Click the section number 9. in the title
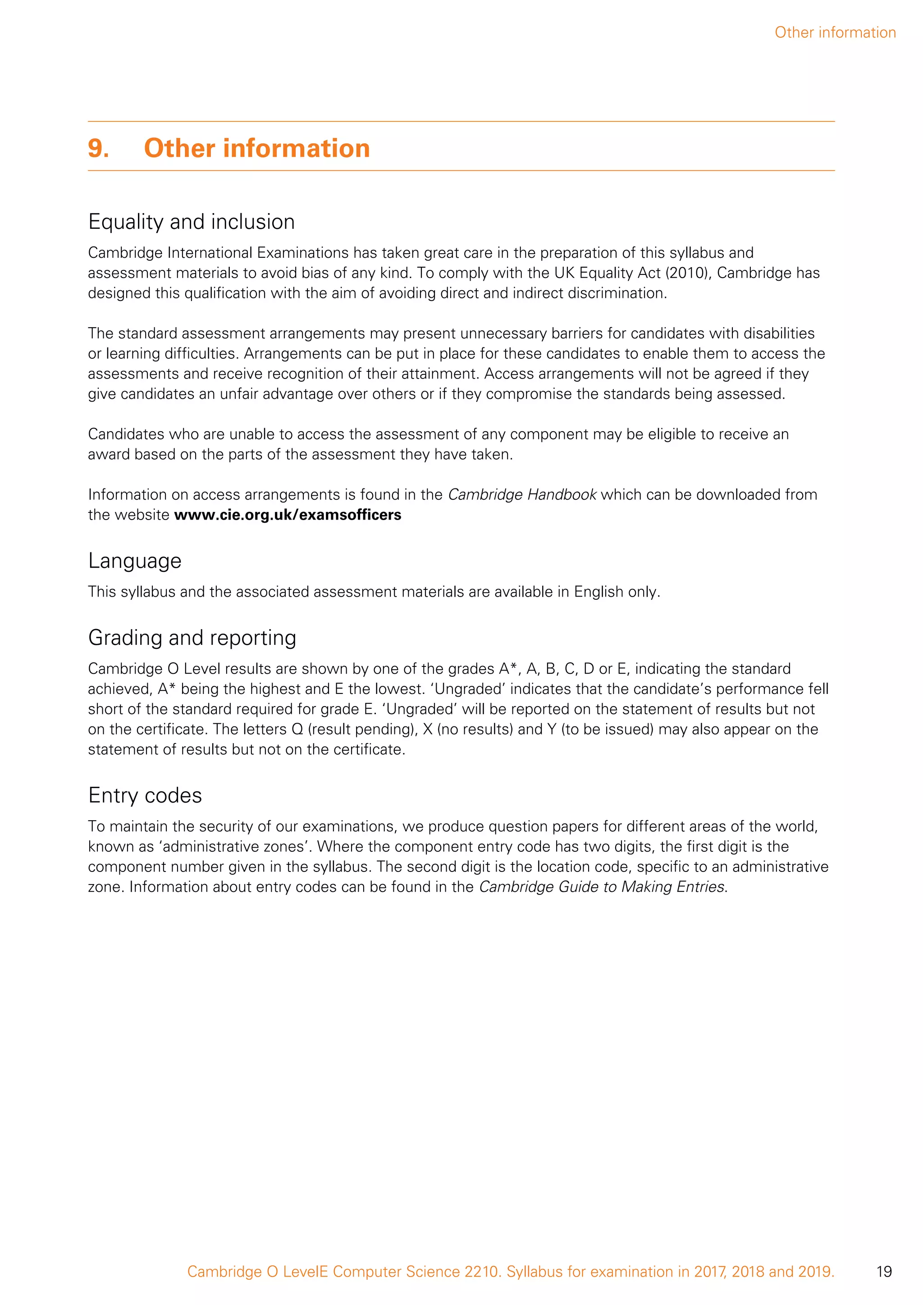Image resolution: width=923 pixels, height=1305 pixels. pos(98,148)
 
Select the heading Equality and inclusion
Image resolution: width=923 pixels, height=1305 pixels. pos(192,222)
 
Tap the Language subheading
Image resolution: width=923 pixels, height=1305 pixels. pos(135,561)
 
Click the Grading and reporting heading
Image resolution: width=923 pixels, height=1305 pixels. pos(192,638)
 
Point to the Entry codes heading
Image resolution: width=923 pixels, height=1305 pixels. pos(145,795)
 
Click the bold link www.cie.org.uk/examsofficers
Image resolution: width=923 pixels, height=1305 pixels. pos(288,515)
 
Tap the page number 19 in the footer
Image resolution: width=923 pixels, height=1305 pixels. pos(884,1272)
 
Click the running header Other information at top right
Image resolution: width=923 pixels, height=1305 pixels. pos(835,32)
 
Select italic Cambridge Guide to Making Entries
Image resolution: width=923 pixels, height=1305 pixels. pos(602,887)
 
